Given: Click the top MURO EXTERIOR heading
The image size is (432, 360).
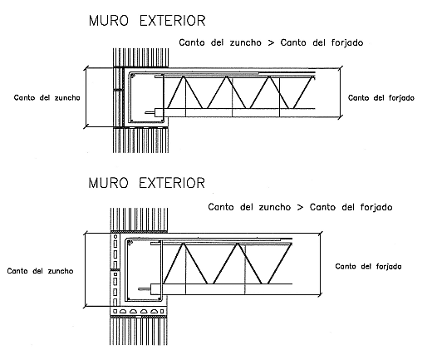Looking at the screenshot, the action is [147, 21].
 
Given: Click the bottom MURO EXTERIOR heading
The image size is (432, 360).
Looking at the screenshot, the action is [146, 183].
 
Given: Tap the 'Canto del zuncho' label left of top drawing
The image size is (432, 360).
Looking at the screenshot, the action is [47, 98].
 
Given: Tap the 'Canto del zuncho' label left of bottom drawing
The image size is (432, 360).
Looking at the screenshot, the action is [40, 271].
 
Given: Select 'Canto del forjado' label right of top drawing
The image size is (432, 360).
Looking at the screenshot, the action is [381, 98].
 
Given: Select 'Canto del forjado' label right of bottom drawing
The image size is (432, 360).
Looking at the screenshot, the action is [368, 266].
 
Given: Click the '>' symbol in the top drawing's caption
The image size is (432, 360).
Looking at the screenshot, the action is [271, 43].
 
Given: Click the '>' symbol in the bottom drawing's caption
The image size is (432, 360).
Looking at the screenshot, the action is [300, 207].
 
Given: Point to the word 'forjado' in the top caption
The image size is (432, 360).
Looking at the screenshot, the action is [347, 43].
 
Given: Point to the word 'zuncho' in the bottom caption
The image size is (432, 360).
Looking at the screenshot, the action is [275, 207].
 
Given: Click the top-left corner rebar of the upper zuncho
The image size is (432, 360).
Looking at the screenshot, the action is [133, 76].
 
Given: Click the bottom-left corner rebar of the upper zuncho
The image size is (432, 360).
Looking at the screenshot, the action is [132, 121].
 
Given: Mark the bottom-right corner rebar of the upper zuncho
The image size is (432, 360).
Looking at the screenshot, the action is [160, 121].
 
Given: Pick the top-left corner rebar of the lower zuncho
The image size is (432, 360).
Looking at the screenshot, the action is [130, 243].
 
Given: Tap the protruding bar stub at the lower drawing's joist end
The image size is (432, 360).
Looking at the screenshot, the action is [145, 289].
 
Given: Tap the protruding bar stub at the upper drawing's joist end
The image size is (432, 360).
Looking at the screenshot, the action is [150, 112].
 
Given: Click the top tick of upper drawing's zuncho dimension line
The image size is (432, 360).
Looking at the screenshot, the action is [86, 68].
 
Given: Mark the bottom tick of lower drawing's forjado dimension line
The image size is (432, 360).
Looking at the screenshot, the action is [320, 294].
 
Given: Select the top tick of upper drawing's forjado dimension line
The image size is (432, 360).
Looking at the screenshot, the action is [341, 68].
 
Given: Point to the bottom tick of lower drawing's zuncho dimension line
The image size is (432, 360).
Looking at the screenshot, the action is [86, 306].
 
